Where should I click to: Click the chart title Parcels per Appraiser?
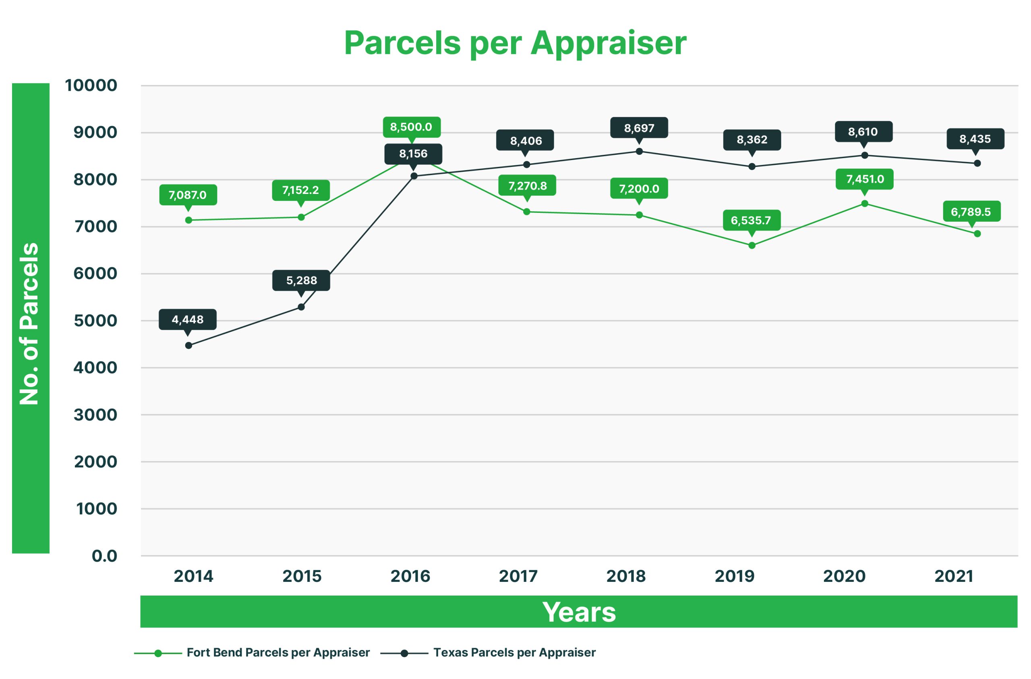[x=515, y=44]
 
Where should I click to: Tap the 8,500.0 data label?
[x=411, y=127]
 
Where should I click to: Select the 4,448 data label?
[x=188, y=320]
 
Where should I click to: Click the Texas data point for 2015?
[x=301, y=307]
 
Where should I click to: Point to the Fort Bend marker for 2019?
[x=752, y=246]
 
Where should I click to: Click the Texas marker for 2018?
[x=639, y=151]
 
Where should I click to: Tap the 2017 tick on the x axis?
[x=518, y=576]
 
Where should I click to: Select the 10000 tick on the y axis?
[x=91, y=85]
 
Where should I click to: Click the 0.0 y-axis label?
[x=104, y=556]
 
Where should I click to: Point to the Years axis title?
[x=579, y=612]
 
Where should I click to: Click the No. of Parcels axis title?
[x=30, y=323]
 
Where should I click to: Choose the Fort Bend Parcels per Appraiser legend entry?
[x=277, y=652]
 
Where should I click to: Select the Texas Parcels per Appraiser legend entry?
[x=514, y=652]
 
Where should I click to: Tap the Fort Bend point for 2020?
[x=864, y=203]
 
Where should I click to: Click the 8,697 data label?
[x=639, y=128]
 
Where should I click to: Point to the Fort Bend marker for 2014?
[x=188, y=220]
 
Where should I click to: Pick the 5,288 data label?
[x=302, y=281]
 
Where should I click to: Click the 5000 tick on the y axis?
[x=95, y=321]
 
